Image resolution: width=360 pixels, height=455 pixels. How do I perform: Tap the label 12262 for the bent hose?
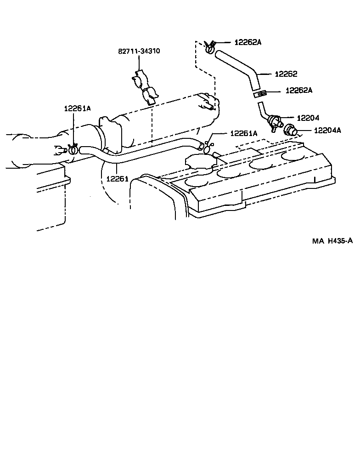click(286, 74)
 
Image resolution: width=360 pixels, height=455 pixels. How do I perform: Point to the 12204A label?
click(327, 130)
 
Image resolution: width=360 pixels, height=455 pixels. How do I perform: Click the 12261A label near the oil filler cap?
click(244, 133)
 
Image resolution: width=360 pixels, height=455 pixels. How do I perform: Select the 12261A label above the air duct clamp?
click(77, 108)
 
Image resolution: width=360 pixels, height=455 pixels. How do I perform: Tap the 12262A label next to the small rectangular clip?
click(298, 91)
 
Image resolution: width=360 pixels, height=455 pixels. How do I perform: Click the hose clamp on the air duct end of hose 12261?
click(72, 149)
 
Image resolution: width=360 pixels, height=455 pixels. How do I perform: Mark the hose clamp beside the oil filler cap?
click(208, 147)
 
